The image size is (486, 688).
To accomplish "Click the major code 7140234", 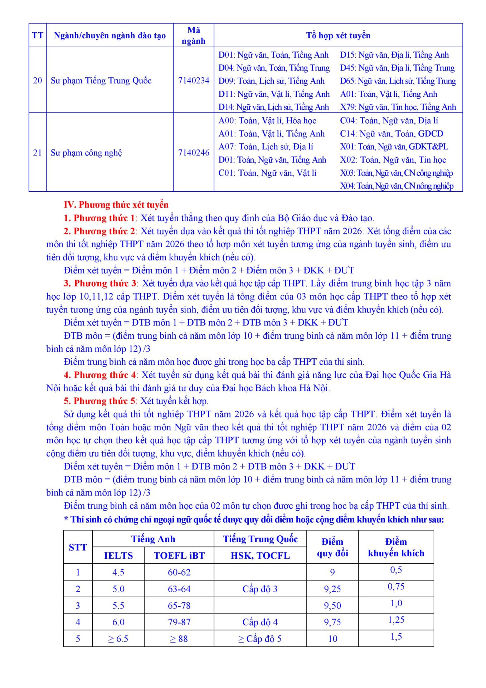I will click(194, 81).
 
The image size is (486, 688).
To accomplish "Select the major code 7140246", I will click(194, 153).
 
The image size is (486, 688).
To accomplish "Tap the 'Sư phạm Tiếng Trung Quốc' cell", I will click(101, 81).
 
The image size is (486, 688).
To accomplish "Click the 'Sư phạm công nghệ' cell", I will click(86, 153).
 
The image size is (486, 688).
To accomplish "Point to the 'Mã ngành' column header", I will click(194, 35).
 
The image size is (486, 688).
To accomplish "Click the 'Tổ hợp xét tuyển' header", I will click(338, 35).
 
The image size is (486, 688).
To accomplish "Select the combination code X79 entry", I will click(398, 107).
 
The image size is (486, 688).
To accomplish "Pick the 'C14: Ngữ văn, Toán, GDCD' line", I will click(392, 134).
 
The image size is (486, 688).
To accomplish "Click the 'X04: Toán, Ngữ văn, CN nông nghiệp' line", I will click(397, 186).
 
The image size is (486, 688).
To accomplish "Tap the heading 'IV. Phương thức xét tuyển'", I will click(116, 205).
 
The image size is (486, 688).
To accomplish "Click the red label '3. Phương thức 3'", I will click(100, 283).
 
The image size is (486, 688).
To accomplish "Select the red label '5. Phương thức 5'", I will click(99, 401).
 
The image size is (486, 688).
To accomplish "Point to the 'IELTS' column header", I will click(118, 556).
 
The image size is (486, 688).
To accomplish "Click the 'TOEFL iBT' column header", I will click(179, 556).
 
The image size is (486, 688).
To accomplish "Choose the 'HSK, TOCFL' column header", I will click(260, 556).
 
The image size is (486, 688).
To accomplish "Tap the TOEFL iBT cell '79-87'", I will click(179, 622).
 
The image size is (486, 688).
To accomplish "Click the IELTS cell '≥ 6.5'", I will click(118, 639).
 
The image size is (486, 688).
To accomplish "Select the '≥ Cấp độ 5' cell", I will click(260, 639).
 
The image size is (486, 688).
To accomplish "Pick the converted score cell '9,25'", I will click(332, 589).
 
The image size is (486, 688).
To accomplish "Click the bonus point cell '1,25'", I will click(396, 620).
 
